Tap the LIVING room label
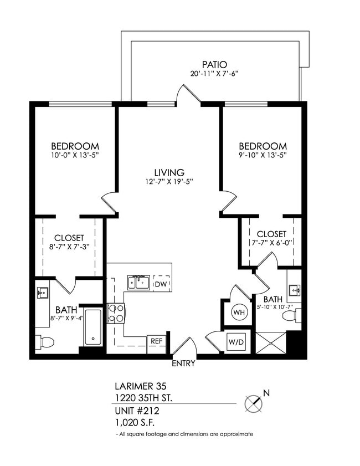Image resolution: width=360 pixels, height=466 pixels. (x=169, y=173)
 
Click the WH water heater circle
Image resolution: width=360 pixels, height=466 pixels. (x=239, y=313)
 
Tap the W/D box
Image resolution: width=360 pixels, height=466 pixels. (x=235, y=342)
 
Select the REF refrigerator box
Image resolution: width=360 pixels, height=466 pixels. (x=156, y=342)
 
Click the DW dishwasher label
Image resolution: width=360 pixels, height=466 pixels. (x=161, y=284)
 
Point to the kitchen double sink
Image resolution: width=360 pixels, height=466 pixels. (x=139, y=283)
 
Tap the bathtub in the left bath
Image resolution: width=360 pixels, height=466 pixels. (x=93, y=327)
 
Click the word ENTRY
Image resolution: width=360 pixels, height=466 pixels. (x=183, y=364)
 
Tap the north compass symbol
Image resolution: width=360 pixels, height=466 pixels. (x=254, y=403)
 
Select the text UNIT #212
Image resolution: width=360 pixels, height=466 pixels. (x=137, y=411)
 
